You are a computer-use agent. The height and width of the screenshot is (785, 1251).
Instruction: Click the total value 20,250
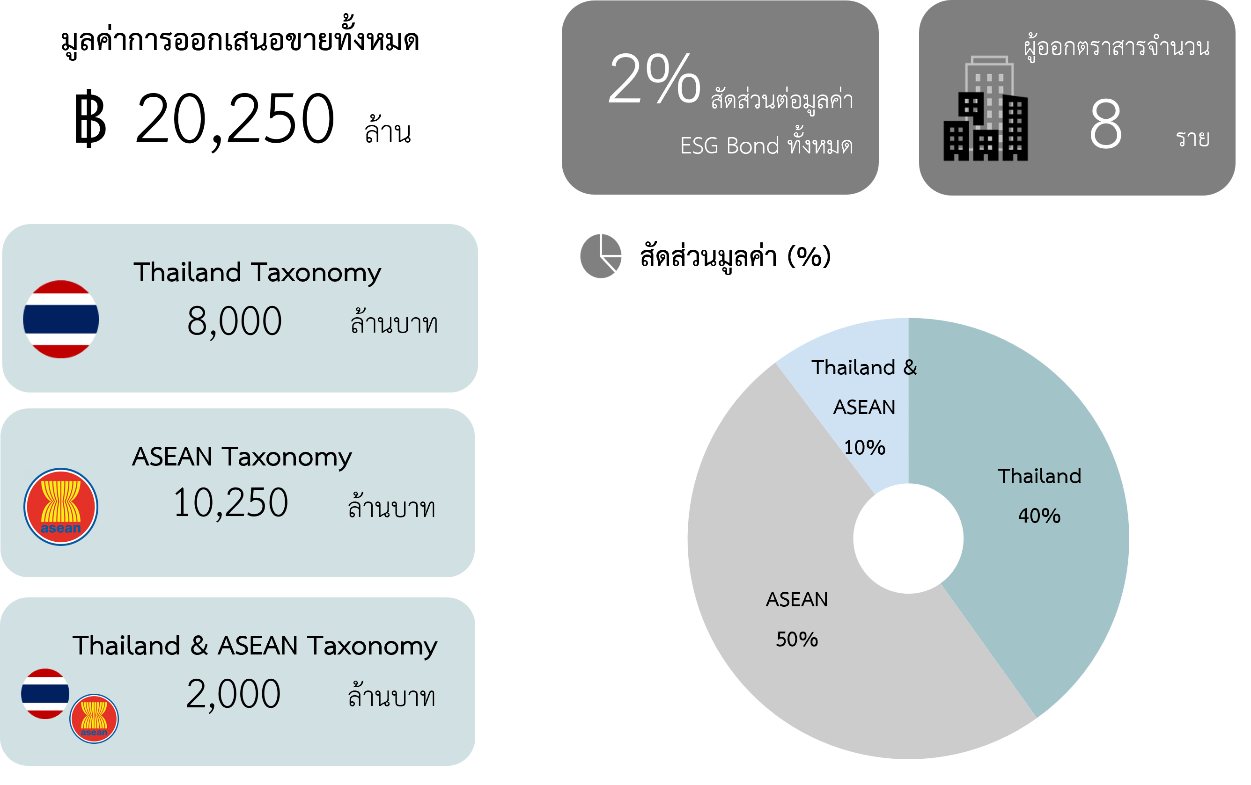tap(235, 119)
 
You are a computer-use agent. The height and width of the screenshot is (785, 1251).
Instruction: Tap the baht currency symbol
tap(90, 118)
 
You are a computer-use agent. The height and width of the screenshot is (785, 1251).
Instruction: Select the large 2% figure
tap(655, 79)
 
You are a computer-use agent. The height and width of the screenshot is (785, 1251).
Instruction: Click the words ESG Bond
tap(729, 146)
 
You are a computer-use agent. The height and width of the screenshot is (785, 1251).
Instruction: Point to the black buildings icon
tap(986, 109)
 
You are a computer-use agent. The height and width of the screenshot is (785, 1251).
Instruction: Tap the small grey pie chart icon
tap(601, 256)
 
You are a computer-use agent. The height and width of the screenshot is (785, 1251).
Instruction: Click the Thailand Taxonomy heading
tap(257, 273)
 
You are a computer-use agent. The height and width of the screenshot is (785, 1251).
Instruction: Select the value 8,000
tap(234, 321)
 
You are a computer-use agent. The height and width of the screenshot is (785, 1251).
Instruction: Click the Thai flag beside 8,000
tap(61, 320)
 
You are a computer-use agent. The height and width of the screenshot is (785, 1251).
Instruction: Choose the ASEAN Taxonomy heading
tap(242, 457)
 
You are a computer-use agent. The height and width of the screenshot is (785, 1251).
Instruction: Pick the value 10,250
tap(230, 503)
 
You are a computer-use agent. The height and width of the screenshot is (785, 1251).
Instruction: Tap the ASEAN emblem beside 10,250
tap(61, 507)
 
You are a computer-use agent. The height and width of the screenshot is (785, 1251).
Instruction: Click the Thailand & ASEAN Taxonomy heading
tap(255, 646)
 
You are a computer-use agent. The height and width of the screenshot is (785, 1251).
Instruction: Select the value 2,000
tap(233, 694)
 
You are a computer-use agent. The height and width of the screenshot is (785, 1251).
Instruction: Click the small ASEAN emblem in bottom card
tap(94, 719)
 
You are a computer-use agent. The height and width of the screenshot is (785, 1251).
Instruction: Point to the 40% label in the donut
tap(1039, 516)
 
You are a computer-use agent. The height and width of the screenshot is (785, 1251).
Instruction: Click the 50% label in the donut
tap(797, 640)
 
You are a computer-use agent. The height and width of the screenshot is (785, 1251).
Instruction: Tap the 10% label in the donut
tap(864, 448)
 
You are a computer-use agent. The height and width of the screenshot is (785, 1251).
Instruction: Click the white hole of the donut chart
tap(908, 539)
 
